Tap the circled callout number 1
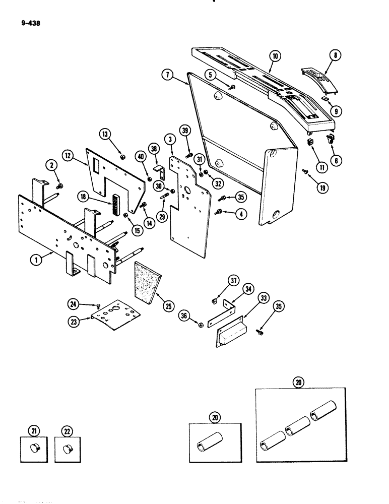click(x=35, y=260)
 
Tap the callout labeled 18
click(x=83, y=195)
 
